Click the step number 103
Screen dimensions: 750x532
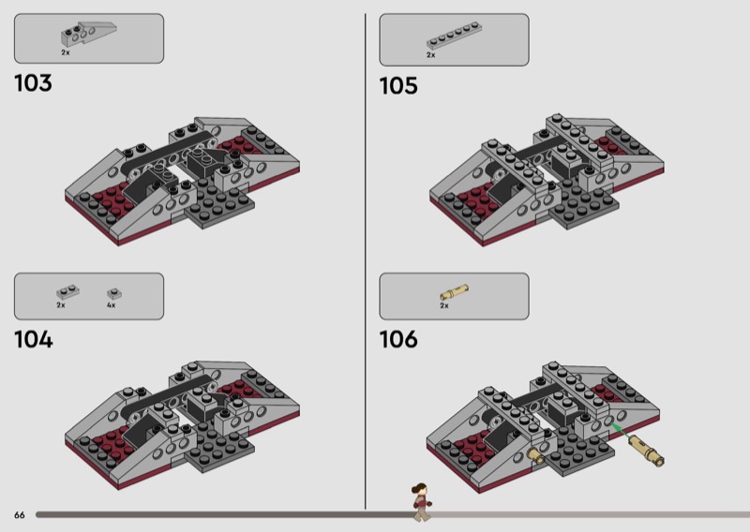pyautogui.click(x=33, y=83)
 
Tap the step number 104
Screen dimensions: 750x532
pyautogui.click(x=34, y=340)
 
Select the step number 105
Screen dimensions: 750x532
pyautogui.click(x=398, y=86)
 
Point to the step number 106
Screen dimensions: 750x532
pyautogui.click(x=398, y=339)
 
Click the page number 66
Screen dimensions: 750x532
pyautogui.click(x=20, y=515)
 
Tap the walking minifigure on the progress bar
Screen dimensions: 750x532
pyautogui.click(x=421, y=502)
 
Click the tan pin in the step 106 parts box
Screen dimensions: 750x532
pyautogui.click(x=454, y=292)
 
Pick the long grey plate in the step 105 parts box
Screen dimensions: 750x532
pyautogui.click(x=454, y=36)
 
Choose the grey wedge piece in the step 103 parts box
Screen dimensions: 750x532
pyautogui.click(x=88, y=34)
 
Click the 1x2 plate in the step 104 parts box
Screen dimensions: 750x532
pyautogui.click(x=67, y=292)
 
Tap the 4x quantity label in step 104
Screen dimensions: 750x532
pyautogui.click(x=111, y=305)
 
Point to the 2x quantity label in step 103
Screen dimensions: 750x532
pyautogui.click(x=66, y=52)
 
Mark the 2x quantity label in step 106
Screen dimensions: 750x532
pyautogui.click(x=444, y=305)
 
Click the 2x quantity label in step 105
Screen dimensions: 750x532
pyautogui.click(x=431, y=55)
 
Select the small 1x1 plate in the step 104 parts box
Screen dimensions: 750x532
pyautogui.click(x=114, y=293)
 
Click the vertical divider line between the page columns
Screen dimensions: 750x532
pyautogui.click(x=366, y=261)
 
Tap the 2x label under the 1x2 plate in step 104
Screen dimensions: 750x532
pyautogui.click(x=61, y=305)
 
